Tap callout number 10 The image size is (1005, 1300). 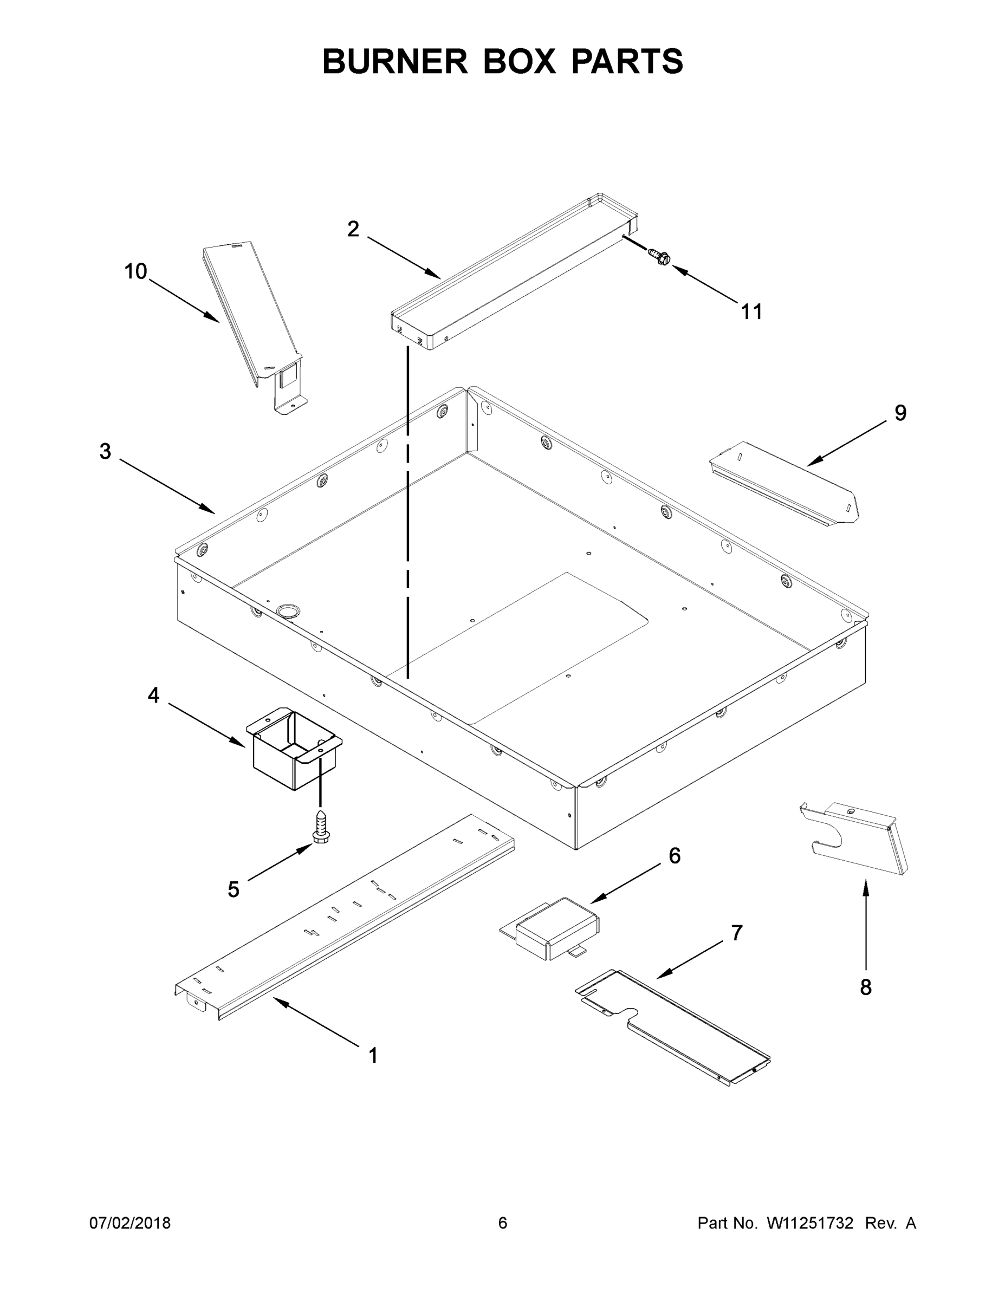click(136, 271)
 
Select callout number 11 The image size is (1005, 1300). click(751, 311)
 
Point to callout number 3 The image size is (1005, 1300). click(106, 451)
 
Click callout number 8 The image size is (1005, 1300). click(866, 987)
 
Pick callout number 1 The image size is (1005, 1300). click(373, 1056)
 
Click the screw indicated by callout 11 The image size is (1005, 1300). click(660, 257)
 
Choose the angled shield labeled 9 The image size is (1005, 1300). click(786, 482)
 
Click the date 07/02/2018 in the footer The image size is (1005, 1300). click(130, 1223)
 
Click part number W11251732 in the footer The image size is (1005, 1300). click(810, 1223)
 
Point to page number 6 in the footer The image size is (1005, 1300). click(503, 1223)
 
